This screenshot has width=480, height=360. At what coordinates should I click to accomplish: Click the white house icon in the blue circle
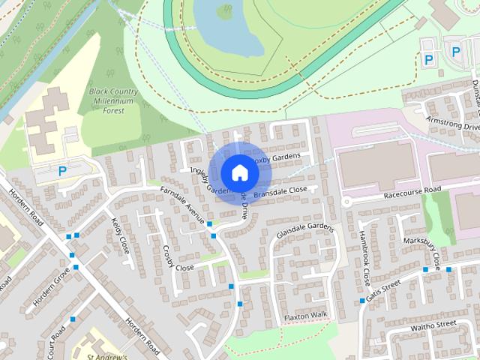click(x=239, y=172)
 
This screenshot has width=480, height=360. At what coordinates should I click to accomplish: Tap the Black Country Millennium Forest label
click(x=116, y=101)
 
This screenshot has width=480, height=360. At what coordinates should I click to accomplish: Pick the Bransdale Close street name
click(x=280, y=193)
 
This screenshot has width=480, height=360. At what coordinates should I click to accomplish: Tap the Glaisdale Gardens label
click(x=304, y=228)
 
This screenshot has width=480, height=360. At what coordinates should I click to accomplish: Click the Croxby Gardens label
click(x=276, y=158)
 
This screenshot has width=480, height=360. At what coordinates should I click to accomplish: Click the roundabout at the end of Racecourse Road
click(x=346, y=202)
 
